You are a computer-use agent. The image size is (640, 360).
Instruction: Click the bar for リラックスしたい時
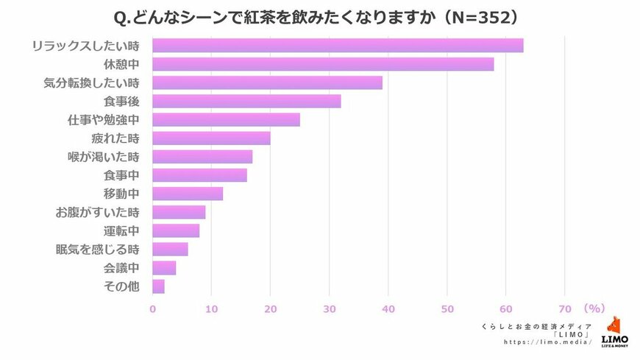tap(338, 46)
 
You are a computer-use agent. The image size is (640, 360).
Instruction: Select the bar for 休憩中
tap(323, 64)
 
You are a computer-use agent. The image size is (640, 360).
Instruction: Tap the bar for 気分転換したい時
tap(267, 82)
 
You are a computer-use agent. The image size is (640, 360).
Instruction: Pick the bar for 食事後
tap(246, 101)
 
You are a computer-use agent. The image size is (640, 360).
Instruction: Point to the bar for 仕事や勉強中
tap(226, 119)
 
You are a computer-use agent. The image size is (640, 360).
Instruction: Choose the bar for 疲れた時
tap(211, 138)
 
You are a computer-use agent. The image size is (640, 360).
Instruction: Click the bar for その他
tap(158, 286)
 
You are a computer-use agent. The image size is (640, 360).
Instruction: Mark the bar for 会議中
tap(164, 268)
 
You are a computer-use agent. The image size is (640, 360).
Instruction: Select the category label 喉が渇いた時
tap(103, 157)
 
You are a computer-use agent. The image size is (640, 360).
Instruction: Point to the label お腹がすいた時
tap(97, 212)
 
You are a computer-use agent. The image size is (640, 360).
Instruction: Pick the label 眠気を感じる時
tap(97, 250)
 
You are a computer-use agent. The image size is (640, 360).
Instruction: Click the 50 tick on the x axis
tap(447, 308)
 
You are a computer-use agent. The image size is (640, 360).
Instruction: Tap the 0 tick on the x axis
tap(153, 308)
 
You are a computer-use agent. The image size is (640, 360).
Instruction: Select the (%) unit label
tap(593, 308)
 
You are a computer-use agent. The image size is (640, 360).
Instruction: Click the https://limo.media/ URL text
tap(547, 342)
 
